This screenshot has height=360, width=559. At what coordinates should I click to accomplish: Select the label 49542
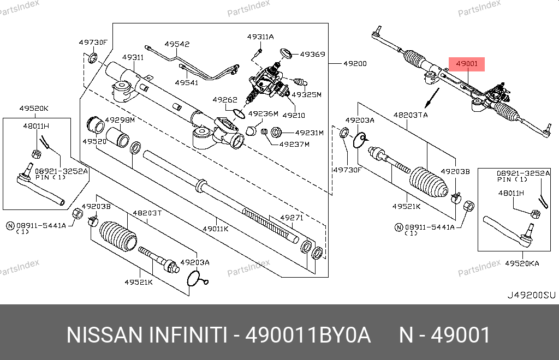[177, 45]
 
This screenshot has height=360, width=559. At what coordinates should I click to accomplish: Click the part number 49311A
[260, 37]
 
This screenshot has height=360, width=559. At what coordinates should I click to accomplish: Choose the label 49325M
[306, 94]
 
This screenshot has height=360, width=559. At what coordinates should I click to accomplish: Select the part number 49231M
[309, 133]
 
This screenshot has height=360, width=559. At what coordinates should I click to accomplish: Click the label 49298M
[120, 120]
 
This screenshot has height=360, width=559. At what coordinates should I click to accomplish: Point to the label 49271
[292, 217]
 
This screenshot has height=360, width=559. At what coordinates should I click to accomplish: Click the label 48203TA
[411, 115]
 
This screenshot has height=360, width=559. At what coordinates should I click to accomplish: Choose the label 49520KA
[521, 263]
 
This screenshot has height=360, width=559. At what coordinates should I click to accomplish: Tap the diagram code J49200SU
[531, 295]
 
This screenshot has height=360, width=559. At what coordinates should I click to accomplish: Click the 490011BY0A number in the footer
[308, 335]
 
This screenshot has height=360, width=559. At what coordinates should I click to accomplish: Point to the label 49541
[186, 82]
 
